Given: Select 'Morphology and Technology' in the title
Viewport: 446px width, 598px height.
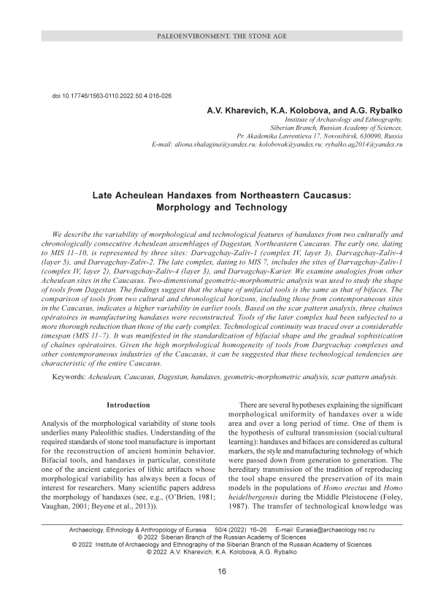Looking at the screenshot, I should point(223,208).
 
